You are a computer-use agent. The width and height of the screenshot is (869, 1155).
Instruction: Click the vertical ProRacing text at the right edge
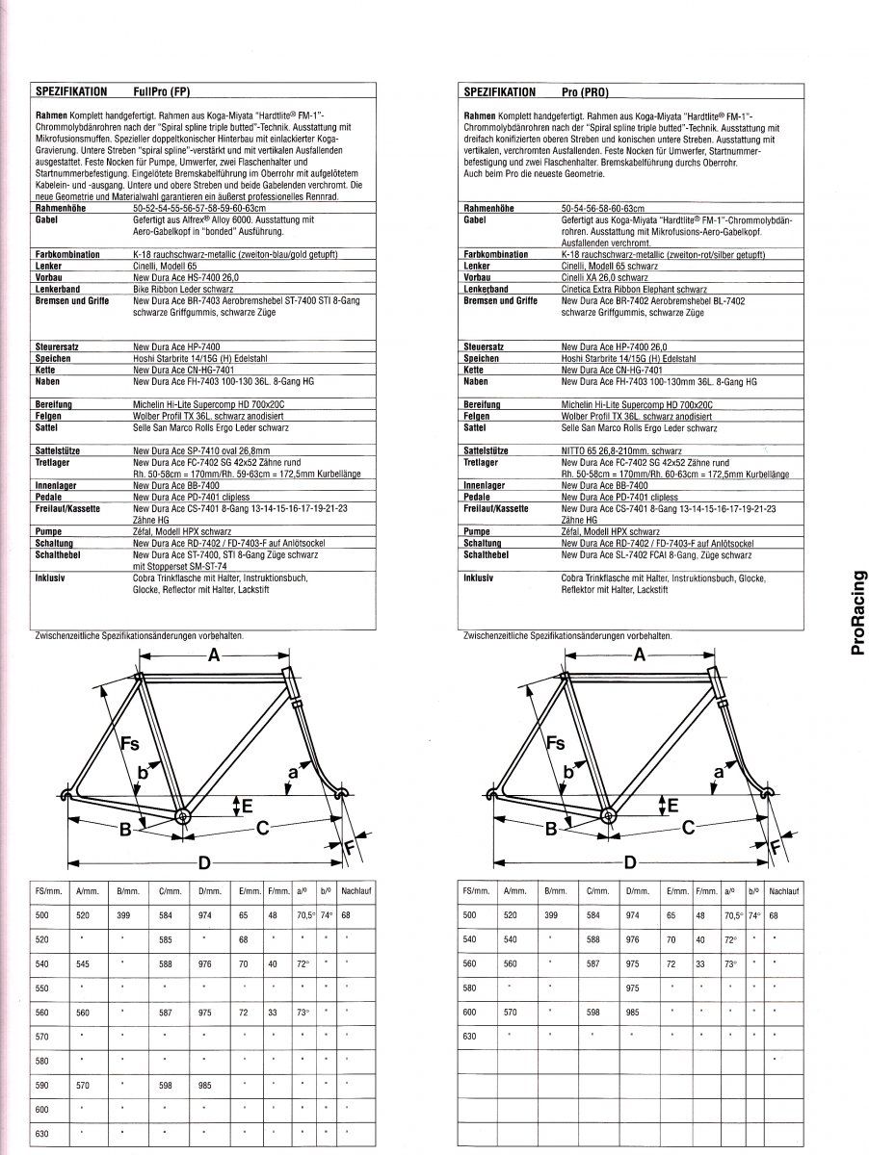click(x=857, y=613)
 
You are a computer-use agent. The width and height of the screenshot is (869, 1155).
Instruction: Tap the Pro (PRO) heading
click(x=587, y=92)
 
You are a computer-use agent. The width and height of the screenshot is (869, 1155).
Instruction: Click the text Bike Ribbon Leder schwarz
click(x=185, y=288)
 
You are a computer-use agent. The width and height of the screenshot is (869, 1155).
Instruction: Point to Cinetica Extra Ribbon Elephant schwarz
click(x=634, y=288)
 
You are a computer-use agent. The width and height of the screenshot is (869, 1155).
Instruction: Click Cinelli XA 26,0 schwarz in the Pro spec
click(x=606, y=277)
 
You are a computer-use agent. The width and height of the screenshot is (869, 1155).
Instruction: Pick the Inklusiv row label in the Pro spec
click(x=480, y=578)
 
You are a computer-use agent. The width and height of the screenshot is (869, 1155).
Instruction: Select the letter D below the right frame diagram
click(x=629, y=861)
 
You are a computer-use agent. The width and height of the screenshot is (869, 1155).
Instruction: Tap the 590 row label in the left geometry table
click(x=40, y=1084)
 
